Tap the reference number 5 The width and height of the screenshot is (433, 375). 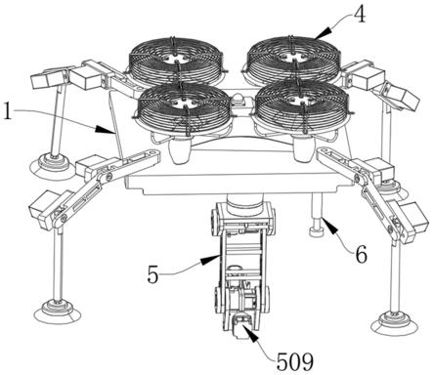pyautogui.click(x=152, y=274)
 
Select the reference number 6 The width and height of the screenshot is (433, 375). pyautogui.click(x=361, y=254)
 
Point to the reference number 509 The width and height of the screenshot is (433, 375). pyautogui.click(x=295, y=361)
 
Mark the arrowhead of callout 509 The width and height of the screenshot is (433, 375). pyautogui.click(x=250, y=334)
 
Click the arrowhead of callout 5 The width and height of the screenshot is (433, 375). pyautogui.click(x=209, y=260)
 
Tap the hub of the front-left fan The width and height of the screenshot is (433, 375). pyautogui.click(x=183, y=102)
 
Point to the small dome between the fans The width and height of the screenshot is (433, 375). pyautogui.click(x=239, y=99)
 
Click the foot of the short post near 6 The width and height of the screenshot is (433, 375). pyautogui.click(x=317, y=232)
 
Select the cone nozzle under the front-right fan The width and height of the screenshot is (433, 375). pyautogui.click(x=303, y=148)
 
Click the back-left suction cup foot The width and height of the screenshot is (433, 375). pyautogui.click(x=53, y=164)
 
